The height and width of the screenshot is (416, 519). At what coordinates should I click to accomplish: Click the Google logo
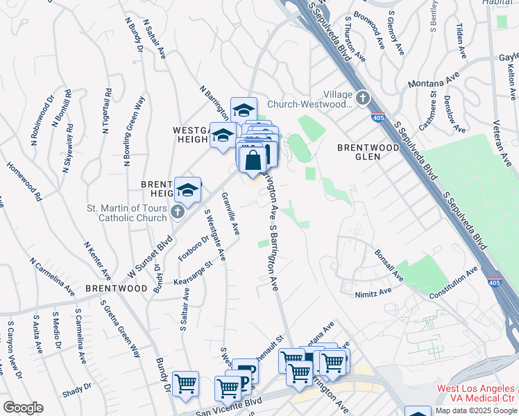(23, 408)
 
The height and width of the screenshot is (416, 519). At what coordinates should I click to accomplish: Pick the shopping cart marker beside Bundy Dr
(185, 384)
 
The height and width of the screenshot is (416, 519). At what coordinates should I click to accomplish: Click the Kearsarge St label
(192, 274)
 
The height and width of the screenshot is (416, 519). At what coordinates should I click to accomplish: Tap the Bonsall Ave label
(389, 266)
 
